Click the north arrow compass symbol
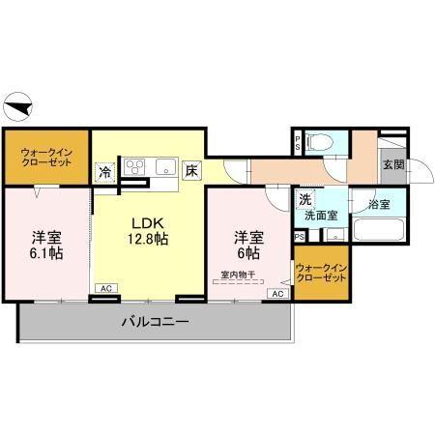[20, 103]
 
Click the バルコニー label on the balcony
[155, 321]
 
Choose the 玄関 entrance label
[393, 164]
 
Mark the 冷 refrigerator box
[104, 172]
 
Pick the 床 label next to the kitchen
[192, 171]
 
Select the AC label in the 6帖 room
[275, 293]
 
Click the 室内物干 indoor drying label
[238, 275]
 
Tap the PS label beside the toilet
[298, 144]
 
